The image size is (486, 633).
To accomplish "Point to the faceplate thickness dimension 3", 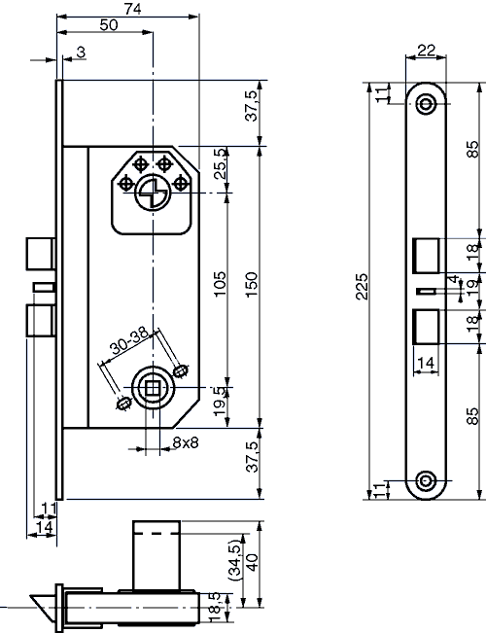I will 79,51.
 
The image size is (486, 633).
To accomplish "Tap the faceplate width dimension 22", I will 426,51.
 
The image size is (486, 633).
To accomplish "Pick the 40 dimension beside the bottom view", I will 252,563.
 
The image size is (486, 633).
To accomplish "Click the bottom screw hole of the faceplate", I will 426,479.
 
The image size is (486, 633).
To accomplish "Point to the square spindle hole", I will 152,388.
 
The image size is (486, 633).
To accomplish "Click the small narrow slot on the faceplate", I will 424,290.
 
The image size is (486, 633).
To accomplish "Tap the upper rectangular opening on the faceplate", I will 426,255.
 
